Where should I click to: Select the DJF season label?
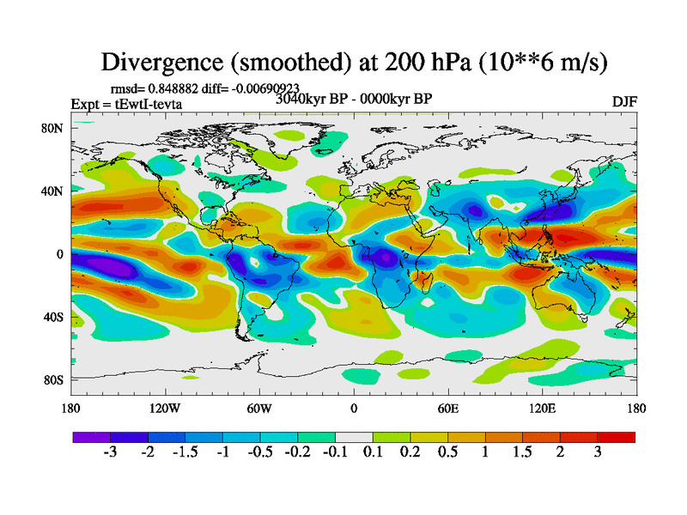point(624,102)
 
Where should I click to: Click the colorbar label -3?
point(109,452)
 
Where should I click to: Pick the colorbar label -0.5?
point(258,452)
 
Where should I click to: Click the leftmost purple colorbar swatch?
point(87,437)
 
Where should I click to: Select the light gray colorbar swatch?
point(353,437)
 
